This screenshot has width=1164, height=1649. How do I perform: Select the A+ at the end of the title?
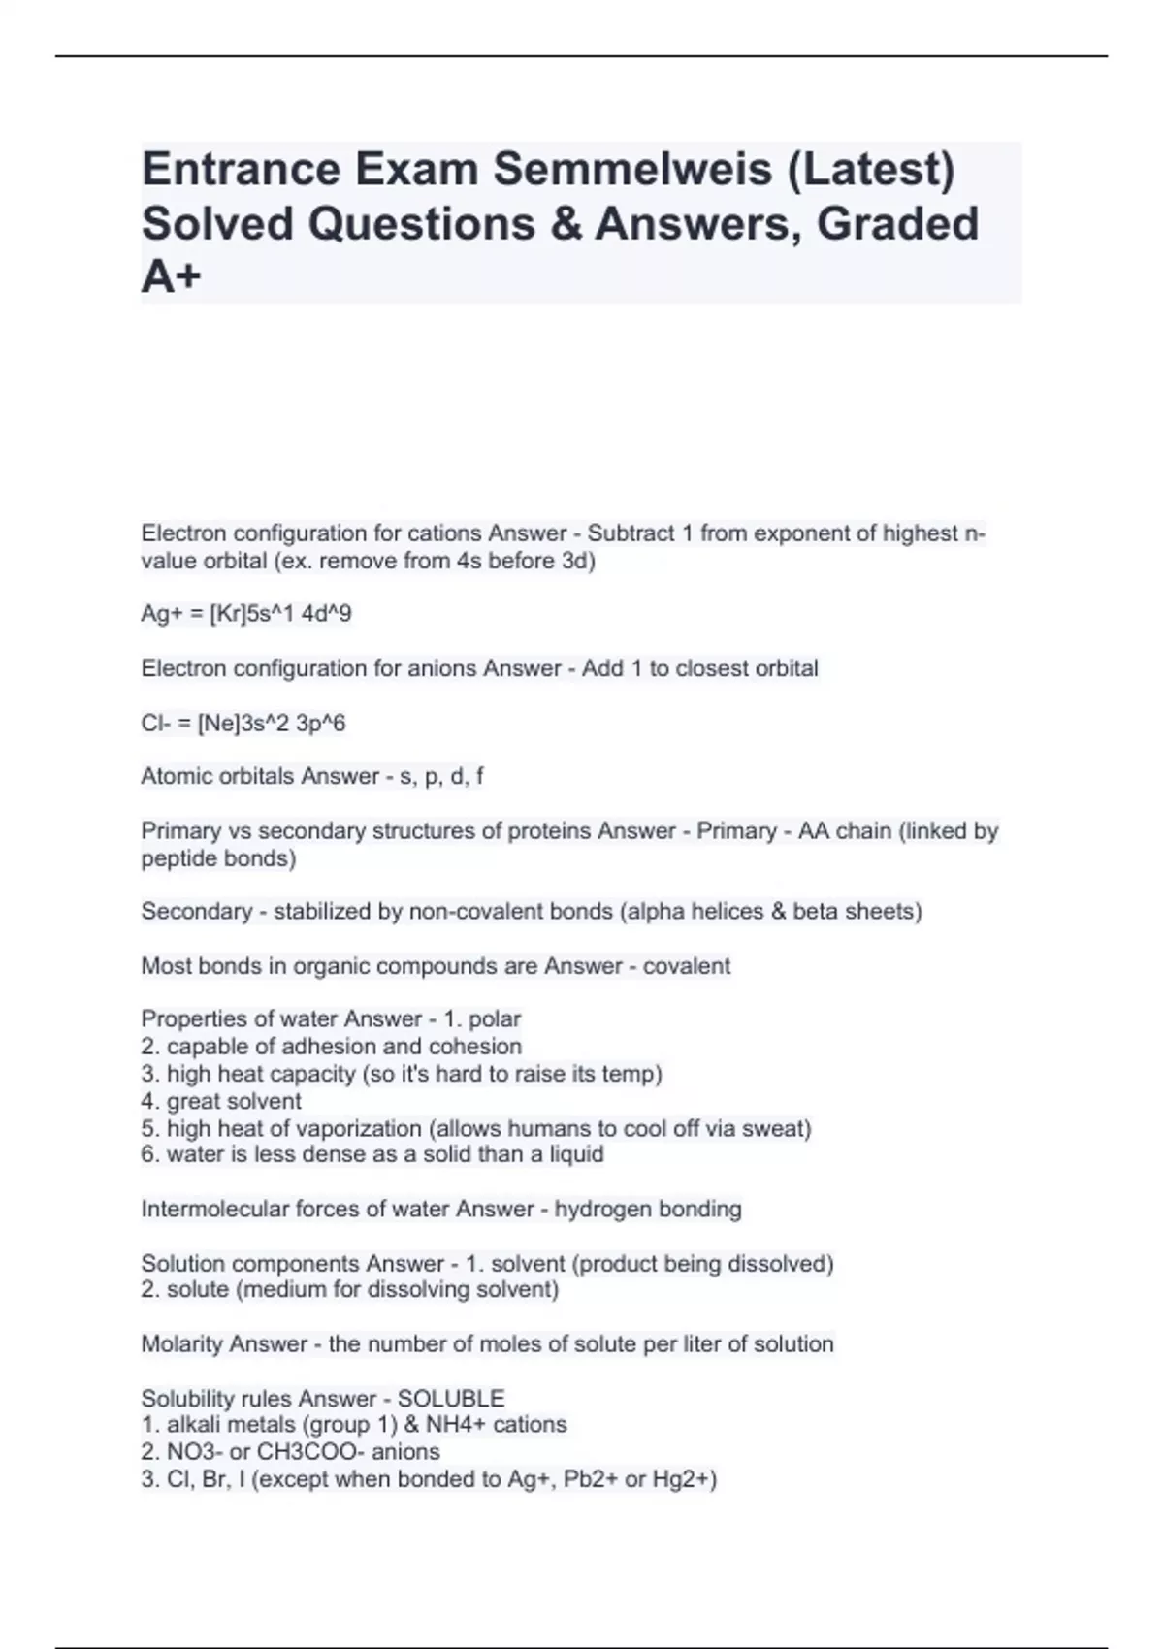[171, 277]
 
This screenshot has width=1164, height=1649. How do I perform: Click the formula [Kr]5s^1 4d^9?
[280, 614]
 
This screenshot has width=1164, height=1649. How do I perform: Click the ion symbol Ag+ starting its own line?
[158, 614]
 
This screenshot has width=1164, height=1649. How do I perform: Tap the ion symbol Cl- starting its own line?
[154, 724]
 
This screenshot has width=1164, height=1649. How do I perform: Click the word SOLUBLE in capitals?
[451, 1399]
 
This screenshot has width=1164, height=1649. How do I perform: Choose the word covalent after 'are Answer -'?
[687, 966]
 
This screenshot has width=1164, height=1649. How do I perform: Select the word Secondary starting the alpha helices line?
[202, 912]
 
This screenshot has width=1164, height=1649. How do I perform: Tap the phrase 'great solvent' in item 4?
[234, 1101]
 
